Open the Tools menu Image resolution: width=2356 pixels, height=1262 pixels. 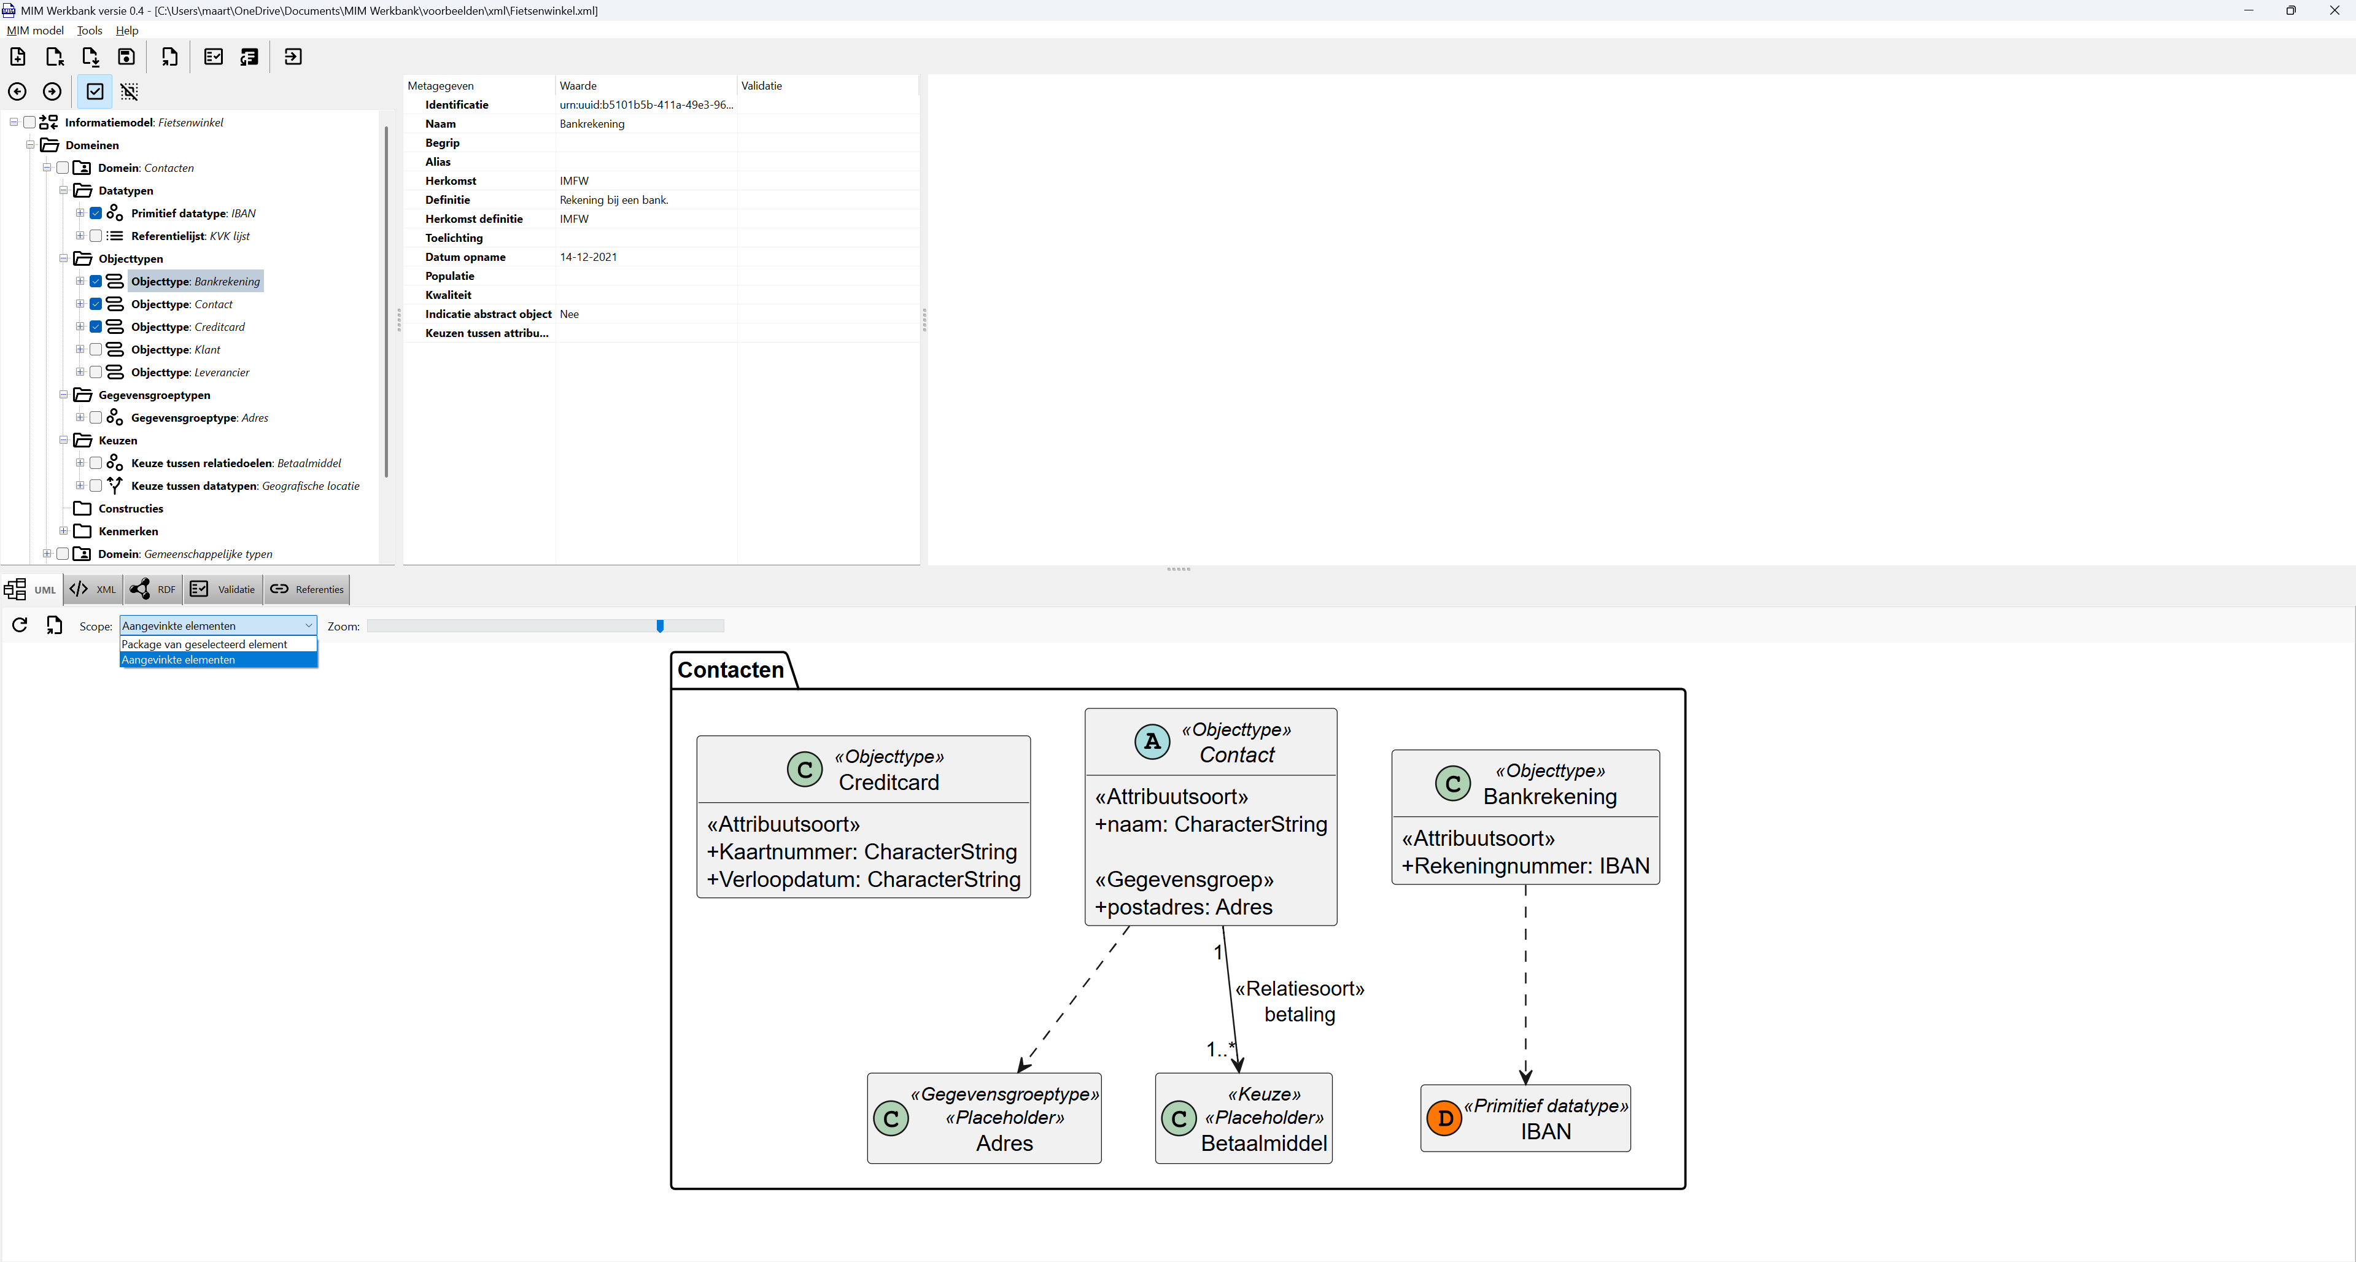[x=90, y=30]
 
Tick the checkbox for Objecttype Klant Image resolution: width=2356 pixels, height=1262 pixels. [x=96, y=349]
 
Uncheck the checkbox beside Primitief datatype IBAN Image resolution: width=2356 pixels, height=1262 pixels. [x=96, y=213]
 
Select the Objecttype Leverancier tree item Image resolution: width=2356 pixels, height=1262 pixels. [x=189, y=372]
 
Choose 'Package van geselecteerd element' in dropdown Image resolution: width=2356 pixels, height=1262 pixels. [x=205, y=645]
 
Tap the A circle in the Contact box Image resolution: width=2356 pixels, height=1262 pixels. [x=1152, y=741]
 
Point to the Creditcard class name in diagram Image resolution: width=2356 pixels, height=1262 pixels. [x=888, y=783]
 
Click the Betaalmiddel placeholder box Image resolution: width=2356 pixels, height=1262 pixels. [x=1243, y=1118]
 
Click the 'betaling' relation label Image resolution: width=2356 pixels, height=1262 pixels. [x=1299, y=1014]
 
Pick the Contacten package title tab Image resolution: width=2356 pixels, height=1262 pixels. [x=730, y=670]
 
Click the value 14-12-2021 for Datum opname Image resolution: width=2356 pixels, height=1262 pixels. [x=588, y=257]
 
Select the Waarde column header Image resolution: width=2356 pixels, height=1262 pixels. [x=578, y=86]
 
